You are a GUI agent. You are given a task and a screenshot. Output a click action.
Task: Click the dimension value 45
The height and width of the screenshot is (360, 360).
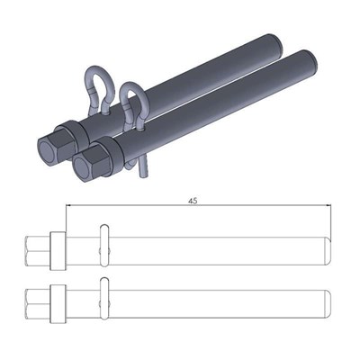193,202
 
